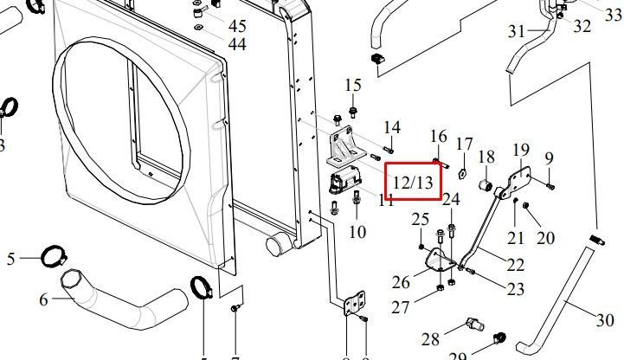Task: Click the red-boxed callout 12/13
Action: pos(413,182)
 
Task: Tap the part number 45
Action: pos(236,25)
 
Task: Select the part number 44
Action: pos(236,43)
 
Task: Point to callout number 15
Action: pos(353,85)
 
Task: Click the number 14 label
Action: pos(392,128)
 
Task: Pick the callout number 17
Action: pos(465,144)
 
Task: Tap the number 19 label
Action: pos(521,150)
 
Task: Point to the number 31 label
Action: pos(517,31)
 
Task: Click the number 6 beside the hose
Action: pos(43,301)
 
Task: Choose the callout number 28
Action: pos(431,337)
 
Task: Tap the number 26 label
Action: pos(400,282)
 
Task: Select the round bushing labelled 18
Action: pos(486,184)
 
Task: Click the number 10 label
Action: pos(357,232)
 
